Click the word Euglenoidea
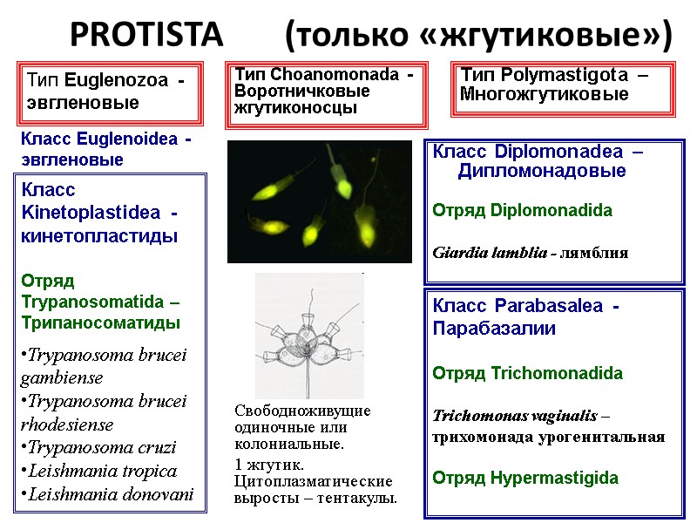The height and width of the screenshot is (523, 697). coord(128,139)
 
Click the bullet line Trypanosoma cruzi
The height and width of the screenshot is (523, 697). coord(98,448)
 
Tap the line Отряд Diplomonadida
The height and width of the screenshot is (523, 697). coord(522,210)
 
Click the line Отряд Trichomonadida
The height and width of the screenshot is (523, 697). coord(528,373)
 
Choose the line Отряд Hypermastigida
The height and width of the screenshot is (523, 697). coord(525,478)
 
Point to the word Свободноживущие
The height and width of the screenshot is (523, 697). coord(303,411)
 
